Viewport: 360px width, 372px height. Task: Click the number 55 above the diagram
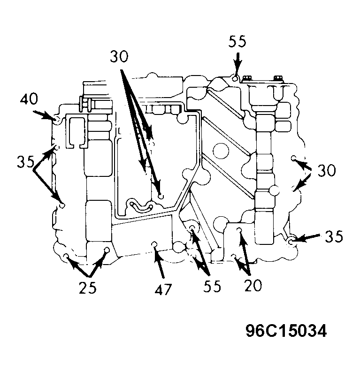(x=237, y=42)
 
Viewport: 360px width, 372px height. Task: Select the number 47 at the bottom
(x=163, y=290)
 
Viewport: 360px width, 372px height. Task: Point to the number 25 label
(x=88, y=288)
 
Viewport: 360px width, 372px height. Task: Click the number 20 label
(x=253, y=285)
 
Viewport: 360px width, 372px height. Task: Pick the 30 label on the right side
(x=327, y=170)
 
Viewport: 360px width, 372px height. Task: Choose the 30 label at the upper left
(x=119, y=57)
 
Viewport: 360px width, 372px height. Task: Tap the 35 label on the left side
(x=26, y=162)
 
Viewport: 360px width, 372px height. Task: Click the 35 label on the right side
(x=334, y=236)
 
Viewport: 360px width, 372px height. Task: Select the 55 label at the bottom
(x=212, y=286)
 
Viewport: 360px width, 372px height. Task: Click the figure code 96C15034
(x=286, y=331)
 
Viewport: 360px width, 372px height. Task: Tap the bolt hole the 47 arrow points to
(x=154, y=244)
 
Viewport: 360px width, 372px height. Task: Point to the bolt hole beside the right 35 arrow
(x=291, y=242)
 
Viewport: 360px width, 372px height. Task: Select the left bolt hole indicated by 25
(x=67, y=256)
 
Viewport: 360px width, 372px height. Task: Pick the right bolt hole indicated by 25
(x=107, y=250)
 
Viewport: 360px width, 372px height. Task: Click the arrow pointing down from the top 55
(x=237, y=64)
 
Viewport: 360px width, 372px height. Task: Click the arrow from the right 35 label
(x=306, y=238)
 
